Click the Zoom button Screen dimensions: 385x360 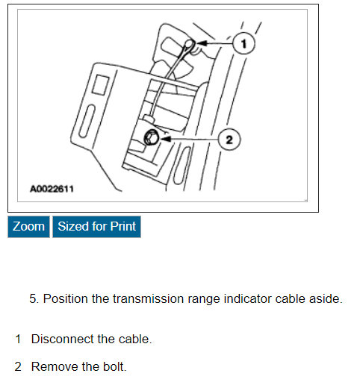pos(28,226)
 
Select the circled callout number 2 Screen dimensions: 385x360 pos(229,139)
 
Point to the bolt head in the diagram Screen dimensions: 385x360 pos(150,137)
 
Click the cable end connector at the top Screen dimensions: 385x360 pos(190,46)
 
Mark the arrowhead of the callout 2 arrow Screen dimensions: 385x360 pos(164,138)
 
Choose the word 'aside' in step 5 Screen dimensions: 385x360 pos(325,299)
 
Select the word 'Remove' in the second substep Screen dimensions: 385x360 pos(52,366)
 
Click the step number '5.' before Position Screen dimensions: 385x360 pos(34,299)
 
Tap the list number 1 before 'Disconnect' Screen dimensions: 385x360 pos(18,339)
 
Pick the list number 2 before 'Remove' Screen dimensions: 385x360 pos(18,366)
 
